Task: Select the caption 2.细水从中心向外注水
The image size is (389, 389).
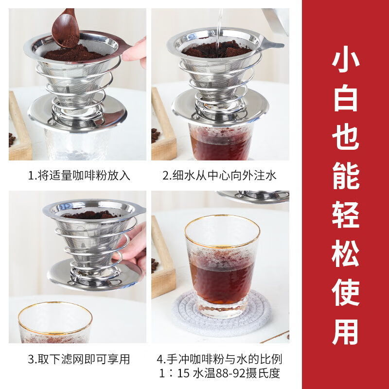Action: [219, 176]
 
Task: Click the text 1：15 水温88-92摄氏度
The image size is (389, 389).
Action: [219, 373]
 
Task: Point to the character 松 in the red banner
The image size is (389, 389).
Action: [346, 254]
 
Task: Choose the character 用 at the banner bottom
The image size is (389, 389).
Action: [346, 332]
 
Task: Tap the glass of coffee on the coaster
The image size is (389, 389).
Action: [222, 265]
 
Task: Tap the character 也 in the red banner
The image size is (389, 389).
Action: [346, 138]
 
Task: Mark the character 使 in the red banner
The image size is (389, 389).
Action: [346, 293]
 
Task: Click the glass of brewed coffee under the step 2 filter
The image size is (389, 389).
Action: [220, 141]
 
